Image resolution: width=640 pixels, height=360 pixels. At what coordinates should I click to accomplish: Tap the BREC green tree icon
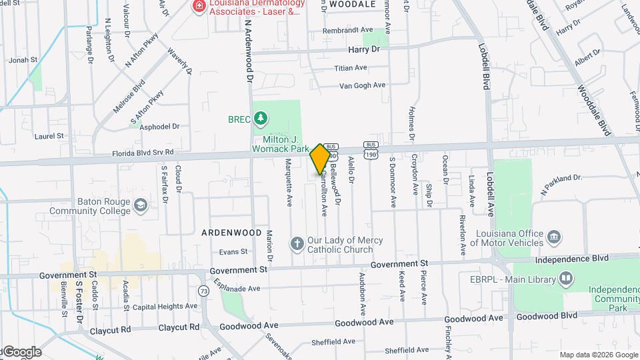(x=261, y=119)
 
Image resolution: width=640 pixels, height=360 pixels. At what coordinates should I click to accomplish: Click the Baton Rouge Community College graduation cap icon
(x=141, y=206)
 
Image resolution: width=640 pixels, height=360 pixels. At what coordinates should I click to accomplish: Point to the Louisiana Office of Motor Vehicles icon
(x=553, y=237)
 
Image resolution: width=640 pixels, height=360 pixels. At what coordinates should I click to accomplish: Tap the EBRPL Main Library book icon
(x=566, y=277)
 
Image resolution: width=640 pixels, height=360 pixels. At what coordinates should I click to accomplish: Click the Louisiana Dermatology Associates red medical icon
(x=199, y=6)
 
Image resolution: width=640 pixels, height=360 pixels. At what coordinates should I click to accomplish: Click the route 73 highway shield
(x=203, y=290)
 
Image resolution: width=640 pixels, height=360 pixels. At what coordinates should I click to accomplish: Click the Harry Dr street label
(x=363, y=49)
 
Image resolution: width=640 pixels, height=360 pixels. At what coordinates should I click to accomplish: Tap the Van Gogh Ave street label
(x=362, y=85)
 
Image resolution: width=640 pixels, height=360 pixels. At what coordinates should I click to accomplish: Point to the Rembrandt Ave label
(x=347, y=31)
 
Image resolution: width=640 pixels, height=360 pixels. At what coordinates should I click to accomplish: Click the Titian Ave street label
(x=351, y=68)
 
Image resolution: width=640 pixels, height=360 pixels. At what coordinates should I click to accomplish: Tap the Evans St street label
(x=234, y=252)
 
